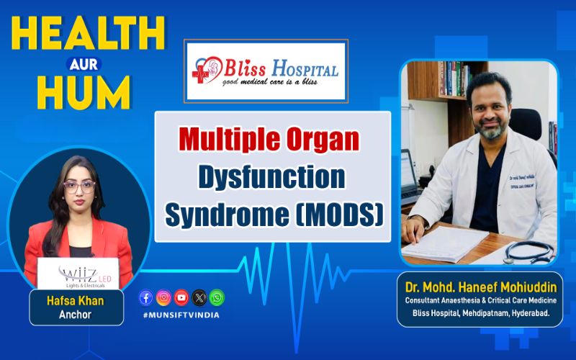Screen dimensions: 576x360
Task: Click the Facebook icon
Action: pos(146,297)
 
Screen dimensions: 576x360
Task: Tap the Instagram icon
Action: pos(163,297)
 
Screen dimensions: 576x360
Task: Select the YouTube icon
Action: pos(181,297)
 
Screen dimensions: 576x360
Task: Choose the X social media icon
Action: pos(199,297)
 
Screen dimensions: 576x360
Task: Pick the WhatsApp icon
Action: pos(217,297)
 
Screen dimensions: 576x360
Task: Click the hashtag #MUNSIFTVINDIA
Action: pos(181,315)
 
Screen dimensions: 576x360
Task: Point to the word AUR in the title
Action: pos(84,64)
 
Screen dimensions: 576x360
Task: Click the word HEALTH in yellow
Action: pos(88,33)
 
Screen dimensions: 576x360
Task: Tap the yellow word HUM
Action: pos(84,92)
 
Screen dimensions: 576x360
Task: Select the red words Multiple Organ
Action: pos(269,139)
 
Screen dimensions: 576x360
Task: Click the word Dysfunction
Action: pos(272,177)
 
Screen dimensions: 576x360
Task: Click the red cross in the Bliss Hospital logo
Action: pos(200,75)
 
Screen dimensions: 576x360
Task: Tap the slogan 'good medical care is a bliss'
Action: pos(269,81)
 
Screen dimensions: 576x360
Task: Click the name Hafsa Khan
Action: pos(76,301)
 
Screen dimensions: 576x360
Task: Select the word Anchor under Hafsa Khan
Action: pos(76,315)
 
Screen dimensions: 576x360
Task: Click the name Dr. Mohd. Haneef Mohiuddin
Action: pos(481,287)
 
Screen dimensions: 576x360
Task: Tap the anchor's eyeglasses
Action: pos(79,187)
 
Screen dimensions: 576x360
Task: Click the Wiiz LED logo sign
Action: pos(78,274)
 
